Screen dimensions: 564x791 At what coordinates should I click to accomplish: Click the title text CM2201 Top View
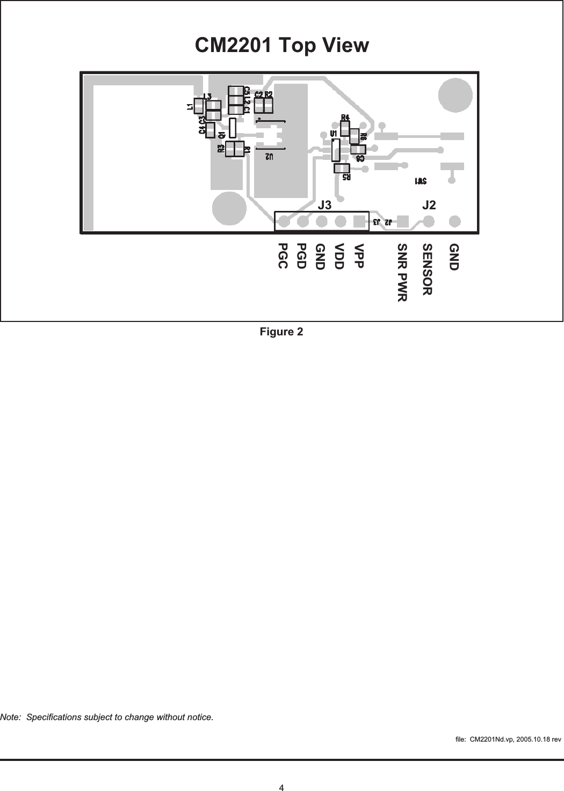tap(281, 46)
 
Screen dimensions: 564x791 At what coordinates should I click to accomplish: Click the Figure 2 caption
tap(281, 332)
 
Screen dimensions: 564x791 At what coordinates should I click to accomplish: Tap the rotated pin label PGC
tap(283, 256)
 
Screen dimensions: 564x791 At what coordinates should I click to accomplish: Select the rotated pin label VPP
tap(359, 256)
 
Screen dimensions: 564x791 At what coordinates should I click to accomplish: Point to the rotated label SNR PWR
tap(402, 273)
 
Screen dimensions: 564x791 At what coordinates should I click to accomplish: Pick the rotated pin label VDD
tap(339, 256)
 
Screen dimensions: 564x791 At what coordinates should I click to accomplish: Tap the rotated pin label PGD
tap(302, 256)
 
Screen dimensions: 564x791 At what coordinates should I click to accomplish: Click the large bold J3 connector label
tap(325, 204)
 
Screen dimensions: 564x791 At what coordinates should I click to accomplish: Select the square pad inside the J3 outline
tap(358, 221)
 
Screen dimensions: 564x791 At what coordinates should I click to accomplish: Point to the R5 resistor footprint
tap(342, 169)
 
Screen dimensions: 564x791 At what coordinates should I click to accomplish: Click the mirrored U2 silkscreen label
tap(269, 157)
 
